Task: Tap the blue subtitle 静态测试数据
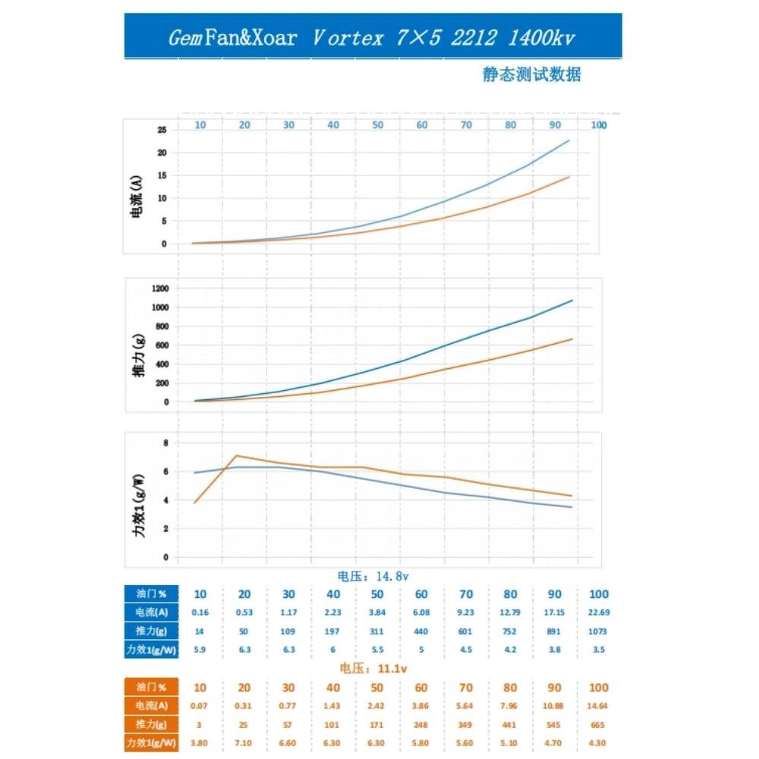(531, 74)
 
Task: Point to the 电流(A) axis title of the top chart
(137, 197)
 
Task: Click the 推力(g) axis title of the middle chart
(138, 356)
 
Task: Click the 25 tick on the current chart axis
(162, 130)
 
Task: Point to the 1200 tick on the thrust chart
(159, 288)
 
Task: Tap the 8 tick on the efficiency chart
(165, 442)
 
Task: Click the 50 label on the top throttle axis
(377, 124)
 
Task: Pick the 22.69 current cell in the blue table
(598, 612)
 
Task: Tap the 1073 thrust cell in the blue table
(598, 630)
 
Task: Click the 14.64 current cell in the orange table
(598, 705)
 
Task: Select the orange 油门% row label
(151, 688)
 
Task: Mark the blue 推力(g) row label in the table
(151, 630)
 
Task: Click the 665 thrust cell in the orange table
(598, 723)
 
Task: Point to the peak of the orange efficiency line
(238, 455)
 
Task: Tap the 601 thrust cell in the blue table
(465, 630)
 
